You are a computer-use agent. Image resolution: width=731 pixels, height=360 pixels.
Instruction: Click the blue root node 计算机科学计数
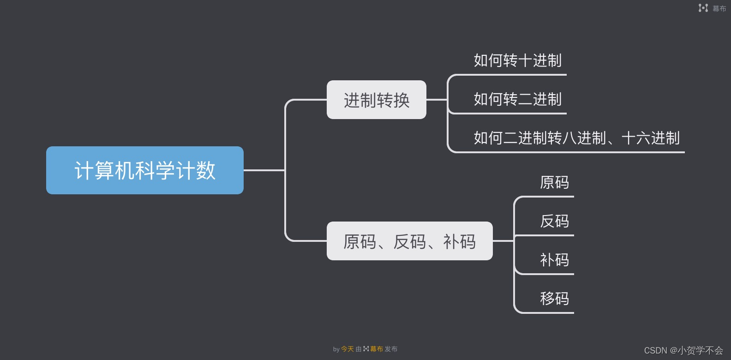144,170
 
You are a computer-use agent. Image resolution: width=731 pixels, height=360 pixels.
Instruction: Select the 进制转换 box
376,100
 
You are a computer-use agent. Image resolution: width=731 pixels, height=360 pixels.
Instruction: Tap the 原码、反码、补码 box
409,241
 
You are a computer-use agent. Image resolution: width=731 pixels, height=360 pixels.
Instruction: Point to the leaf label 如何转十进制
517,60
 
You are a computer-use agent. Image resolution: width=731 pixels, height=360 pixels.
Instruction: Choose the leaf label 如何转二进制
517,99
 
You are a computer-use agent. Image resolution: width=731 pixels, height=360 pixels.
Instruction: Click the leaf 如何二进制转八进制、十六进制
576,138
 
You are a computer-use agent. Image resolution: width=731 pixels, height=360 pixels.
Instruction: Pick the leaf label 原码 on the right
554,182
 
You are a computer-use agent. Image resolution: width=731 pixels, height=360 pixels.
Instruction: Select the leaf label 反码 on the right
554,221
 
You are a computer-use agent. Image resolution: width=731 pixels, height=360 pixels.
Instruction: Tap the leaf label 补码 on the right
554,260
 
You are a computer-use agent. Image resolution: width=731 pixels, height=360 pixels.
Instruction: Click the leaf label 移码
554,299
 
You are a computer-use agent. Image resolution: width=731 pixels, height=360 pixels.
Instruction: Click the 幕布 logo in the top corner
712,8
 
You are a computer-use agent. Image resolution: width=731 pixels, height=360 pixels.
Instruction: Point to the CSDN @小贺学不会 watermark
683,351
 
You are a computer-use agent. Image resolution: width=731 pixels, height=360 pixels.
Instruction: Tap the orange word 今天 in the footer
347,349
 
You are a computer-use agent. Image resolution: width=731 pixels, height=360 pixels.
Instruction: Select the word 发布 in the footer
391,349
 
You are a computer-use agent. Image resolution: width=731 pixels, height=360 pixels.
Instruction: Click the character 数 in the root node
206,170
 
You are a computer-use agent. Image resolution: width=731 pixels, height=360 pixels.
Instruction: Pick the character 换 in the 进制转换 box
401,100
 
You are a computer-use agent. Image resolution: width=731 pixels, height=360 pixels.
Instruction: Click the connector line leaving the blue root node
263,170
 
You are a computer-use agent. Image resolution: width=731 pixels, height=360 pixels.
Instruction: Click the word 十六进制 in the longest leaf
651,138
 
